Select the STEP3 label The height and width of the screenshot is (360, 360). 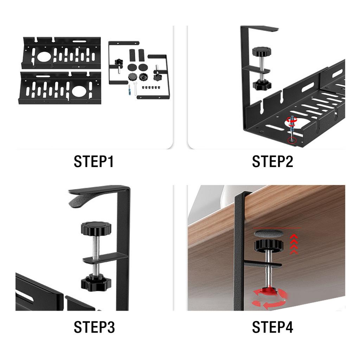[x=94, y=327]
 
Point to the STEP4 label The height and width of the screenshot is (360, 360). [x=272, y=327]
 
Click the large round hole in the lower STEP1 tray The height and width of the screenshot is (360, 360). [x=79, y=91]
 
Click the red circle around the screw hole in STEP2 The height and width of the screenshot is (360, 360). [x=291, y=141]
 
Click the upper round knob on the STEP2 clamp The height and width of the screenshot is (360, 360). [x=261, y=52]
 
